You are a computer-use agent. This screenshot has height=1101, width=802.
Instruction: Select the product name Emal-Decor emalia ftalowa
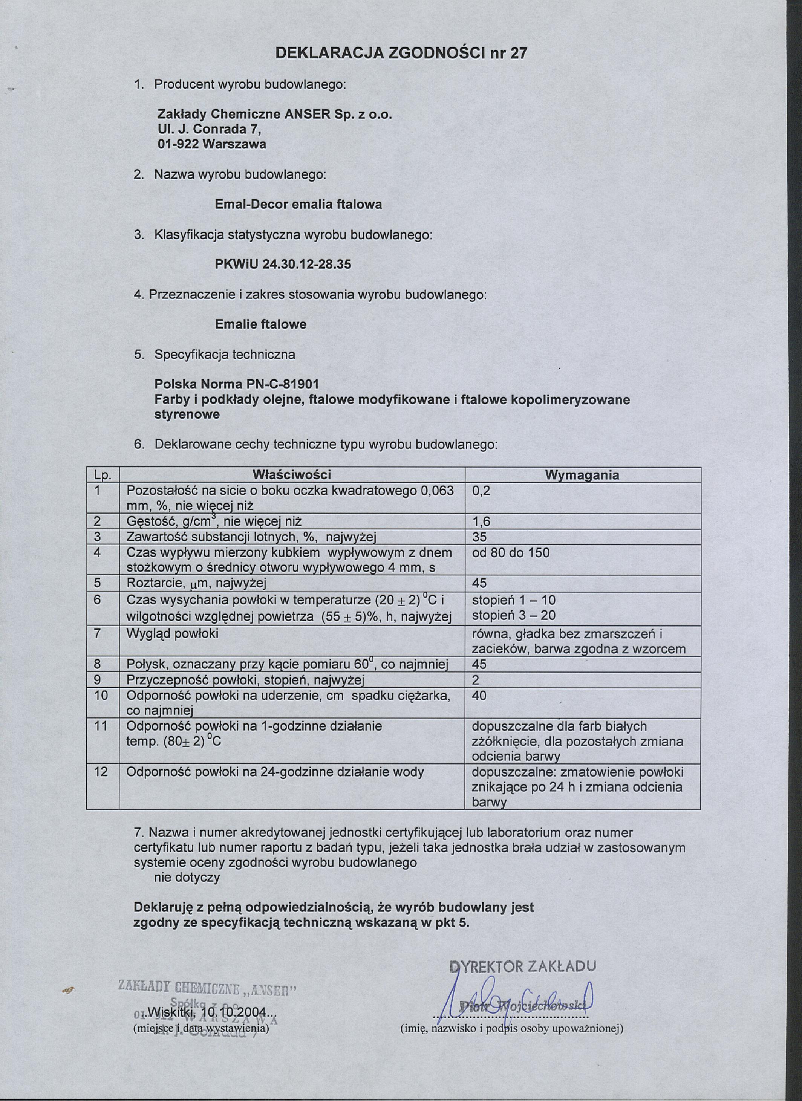pyautogui.click(x=298, y=204)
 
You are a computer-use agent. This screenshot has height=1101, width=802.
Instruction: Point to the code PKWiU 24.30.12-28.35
pyautogui.click(x=283, y=264)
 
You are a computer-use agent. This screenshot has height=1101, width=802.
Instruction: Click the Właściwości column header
pyautogui.click(x=292, y=474)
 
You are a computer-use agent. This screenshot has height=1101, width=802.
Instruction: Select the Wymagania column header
pyautogui.click(x=582, y=475)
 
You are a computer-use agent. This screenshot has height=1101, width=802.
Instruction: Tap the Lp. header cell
pyautogui.click(x=103, y=475)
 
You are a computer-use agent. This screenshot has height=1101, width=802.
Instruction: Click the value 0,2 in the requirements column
pyautogui.click(x=481, y=490)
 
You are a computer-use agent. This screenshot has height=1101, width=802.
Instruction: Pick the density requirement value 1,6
pyautogui.click(x=481, y=521)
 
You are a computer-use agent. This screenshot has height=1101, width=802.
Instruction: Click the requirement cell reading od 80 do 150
pyautogui.click(x=511, y=552)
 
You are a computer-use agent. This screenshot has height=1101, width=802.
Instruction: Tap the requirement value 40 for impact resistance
pyautogui.click(x=479, y=696)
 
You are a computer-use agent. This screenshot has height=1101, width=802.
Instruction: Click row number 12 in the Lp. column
pyautogui.click(x=101, y=771)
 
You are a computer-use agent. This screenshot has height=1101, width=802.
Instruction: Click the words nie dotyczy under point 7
pyautogui.click(x=187, y=877)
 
